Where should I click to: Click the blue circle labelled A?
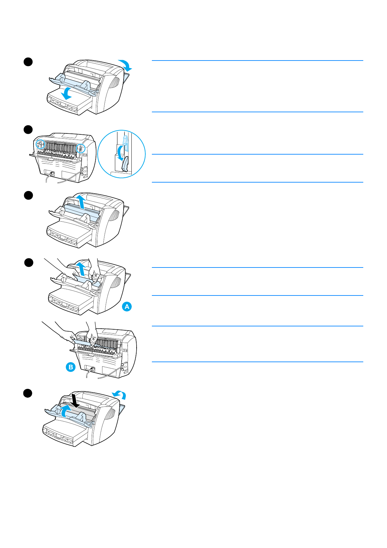127,307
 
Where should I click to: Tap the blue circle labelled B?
71,367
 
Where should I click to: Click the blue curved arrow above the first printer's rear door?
126,65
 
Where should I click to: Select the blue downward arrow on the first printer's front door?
68,93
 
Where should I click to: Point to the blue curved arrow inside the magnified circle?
120,153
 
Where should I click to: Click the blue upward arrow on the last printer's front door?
65,411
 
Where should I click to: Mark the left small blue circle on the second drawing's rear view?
40,144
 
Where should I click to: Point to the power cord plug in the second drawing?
51,173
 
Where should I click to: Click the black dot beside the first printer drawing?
28,62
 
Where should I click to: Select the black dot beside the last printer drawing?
28,393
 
